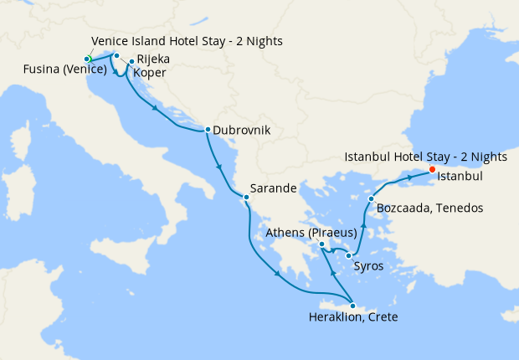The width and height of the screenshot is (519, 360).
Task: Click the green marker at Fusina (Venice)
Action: click(x=87, y=59)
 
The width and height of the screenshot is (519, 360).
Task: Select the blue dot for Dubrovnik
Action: click(x=207, y=130)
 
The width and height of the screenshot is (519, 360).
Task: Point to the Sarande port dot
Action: click(x=245, y=198)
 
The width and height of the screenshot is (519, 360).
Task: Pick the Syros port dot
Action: click(x=348, y=255)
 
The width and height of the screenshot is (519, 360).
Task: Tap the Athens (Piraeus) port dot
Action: click(x=321, y=244)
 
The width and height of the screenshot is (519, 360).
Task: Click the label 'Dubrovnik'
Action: click(x=242, y=131)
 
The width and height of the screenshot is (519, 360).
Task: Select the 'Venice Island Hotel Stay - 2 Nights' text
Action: click(x=187, y=41)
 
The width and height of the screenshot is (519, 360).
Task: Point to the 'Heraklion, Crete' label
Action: click(x=353, y=318)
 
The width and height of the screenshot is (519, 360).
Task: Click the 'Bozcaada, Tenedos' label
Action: click(x=429, y=208)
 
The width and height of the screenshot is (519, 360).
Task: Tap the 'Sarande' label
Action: click(x=275, y=189)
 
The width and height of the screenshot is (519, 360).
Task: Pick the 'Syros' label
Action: click(x=369, y=266)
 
